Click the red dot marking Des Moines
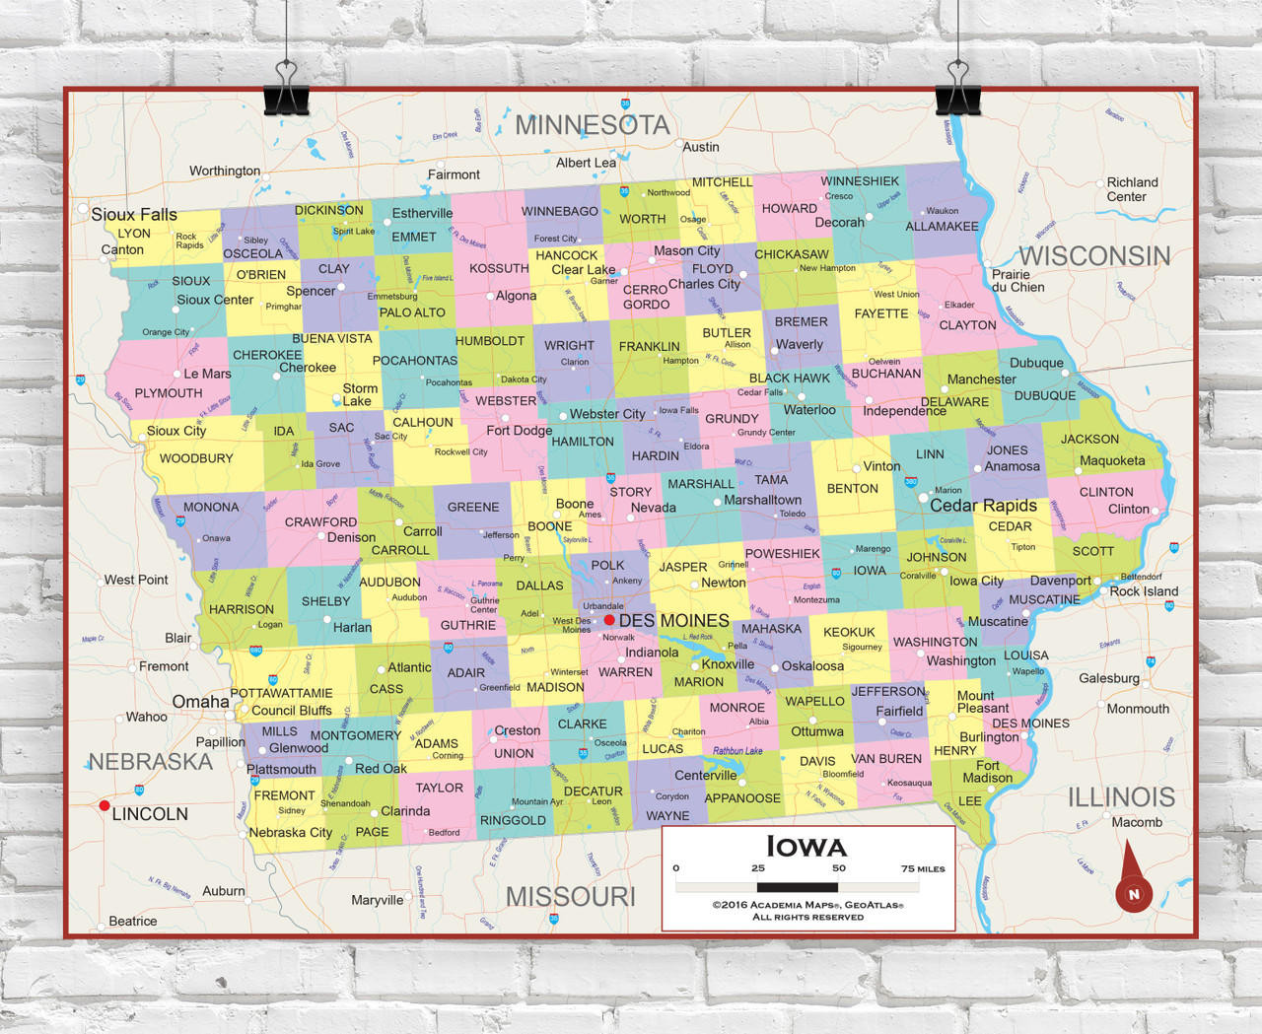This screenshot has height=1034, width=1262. pyautogui.click(x=609, y=620)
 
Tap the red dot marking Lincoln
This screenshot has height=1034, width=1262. pyautogui.click(x=105, y=805)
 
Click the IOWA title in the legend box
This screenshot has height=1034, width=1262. pyautogui.click(x=806, y=847)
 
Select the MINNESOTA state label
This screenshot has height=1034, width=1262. pyautogui.click(x=592, y=125)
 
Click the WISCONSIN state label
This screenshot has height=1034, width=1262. pyautogui.click(x=1094, y=256)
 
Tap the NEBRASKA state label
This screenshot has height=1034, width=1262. pyautogui.click(x=150, y=762)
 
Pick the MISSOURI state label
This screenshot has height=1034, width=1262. pyautogui.click(x=570, y=897)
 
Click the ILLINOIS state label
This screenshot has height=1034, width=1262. pyautogui.click(x=1121, y=796)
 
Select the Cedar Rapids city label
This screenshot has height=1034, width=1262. pyautogui.click(x=983, y=506)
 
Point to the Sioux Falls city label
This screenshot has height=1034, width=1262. pyautogui.click(x=134, y=215)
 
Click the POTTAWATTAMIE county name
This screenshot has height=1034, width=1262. pyautogui.click(x=281, y=693)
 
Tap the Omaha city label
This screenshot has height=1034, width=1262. pyautogui.click(x=200, y=702)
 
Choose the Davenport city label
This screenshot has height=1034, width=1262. pyautogui.click(x=1060, y=581)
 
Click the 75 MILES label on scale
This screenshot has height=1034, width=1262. pyautogui.click(x=922, y=868)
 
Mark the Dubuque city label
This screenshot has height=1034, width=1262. pyautogui.click(x=1036, y=363)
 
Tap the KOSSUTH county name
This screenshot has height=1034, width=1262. pyautogui.click(x=499, y=268)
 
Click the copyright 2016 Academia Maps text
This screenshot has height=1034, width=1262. pyautogui.click(x=807, y=905)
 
